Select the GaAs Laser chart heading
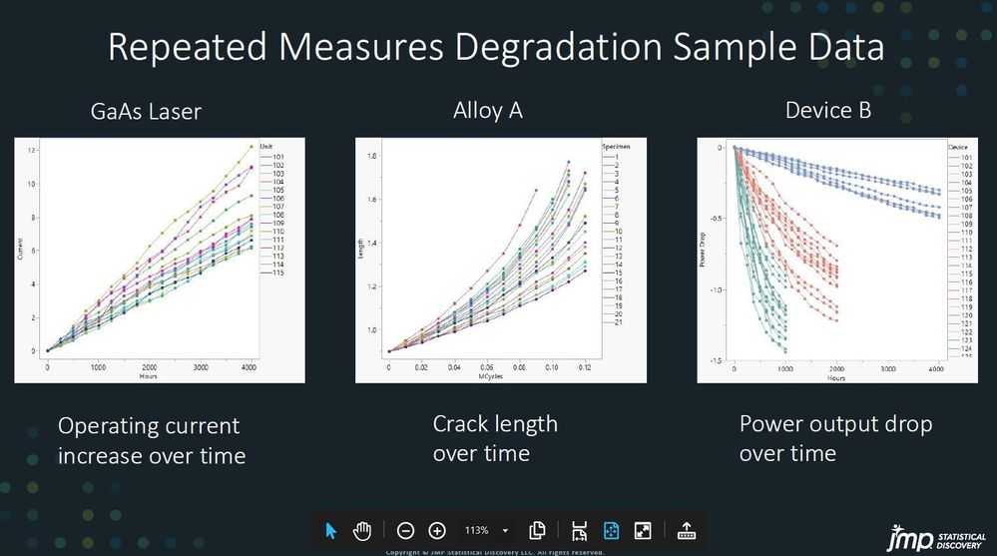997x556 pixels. [x=146, y=112]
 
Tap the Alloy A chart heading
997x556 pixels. [x=488, y=110]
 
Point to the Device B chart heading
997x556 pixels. [x=828, y=110]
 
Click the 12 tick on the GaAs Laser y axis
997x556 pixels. [x=33, y=150]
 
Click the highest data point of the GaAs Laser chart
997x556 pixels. [x=250, y=147]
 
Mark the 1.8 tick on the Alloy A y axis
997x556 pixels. [x=372, y=157]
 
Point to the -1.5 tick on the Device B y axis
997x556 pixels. [x=719, y=360]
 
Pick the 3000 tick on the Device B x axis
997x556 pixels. [x=886, y=369]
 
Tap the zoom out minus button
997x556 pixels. [x=405, y=531]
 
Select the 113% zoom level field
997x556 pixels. [x=477, y=531]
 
